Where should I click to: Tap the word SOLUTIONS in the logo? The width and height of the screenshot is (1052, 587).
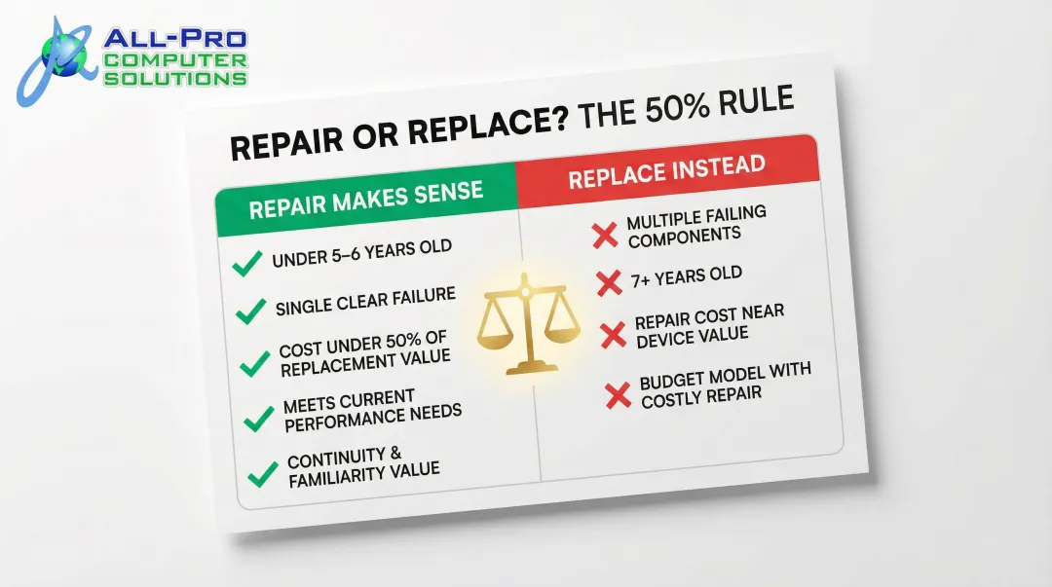pyautogui.click(x=175, y=78)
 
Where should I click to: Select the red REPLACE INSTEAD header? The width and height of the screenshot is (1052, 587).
pyautogui.click(x=666, y=171)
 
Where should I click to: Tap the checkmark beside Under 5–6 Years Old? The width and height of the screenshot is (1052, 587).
pyautogui.click(x=247, y=263)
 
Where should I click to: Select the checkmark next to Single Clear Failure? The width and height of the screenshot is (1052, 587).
pyautogui.click(x=251, y=311)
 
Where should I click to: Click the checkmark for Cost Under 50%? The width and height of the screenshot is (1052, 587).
pyautogui.click(x=255, y=363)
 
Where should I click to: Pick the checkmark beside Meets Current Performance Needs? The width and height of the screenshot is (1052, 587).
pyautogui.click(x=259, y=418)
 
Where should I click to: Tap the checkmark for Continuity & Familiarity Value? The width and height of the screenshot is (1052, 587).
pyautogui.click(x=263, y=474)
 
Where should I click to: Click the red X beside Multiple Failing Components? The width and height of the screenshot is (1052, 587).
pyautogui.click(x=605, y=235)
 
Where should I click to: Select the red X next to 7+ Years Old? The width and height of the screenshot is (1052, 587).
pyautogui.click(x=609, y=283)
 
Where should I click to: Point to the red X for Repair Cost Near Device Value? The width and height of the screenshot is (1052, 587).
pyautogui.click(x=614, y=335)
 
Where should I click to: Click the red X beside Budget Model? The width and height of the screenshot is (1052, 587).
pyautogui.click(x=619, y=394)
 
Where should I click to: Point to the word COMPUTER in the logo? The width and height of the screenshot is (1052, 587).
pyautogui.click(x=175, y=60)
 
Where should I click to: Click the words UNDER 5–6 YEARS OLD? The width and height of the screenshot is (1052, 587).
pyautogui.click(x=361, y=254)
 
